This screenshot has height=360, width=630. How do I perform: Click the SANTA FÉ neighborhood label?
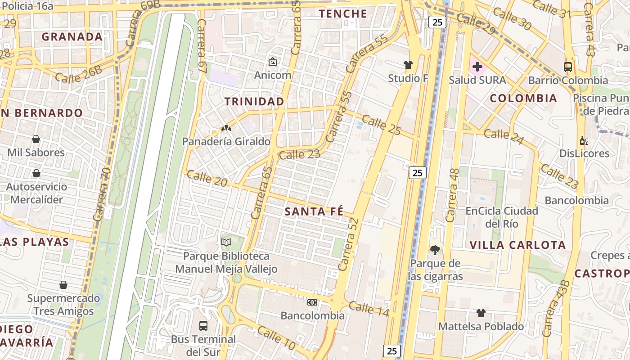pos(314,211)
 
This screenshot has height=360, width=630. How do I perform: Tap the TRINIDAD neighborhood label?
pos(254,102)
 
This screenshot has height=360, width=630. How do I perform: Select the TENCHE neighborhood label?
pos(343,14)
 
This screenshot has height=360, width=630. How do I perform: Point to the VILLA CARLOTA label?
pos(517,245)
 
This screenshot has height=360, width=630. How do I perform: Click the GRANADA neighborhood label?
pos(72,37)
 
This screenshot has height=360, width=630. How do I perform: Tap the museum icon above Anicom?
pos(272,62)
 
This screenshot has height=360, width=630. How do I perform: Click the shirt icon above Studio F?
pos(408,65)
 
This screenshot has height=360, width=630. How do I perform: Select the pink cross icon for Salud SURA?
pos(477,67)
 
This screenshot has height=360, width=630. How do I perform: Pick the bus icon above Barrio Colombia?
pos(568,67)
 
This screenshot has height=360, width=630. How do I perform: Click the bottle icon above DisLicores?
pos(584,140)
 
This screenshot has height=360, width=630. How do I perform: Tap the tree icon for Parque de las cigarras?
pos(435,250)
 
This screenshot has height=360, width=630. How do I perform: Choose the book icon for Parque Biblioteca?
pos(226,243)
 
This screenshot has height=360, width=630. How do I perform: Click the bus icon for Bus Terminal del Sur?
pos(203,325)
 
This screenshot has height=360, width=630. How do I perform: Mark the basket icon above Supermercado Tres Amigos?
pos(63,285)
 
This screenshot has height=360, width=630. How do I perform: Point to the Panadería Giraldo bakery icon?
pos(226,129)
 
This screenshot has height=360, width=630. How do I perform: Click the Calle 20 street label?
pos(207,179)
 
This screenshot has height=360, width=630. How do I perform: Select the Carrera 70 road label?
pos(102,193)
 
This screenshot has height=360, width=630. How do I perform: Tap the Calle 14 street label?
pos(369,309)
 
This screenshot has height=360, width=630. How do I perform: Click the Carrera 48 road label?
pos(452,195)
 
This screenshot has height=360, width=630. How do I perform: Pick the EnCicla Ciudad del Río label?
pos(502,217)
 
